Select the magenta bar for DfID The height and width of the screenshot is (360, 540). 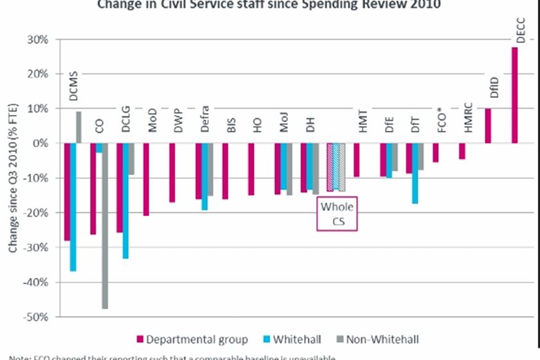coord(488,125)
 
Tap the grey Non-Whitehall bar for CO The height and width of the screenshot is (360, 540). coord(105,226)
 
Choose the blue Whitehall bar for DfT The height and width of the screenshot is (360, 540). coord(415,173)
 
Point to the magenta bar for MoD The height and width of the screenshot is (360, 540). coord(147,179)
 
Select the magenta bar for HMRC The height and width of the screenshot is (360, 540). coord(462,150)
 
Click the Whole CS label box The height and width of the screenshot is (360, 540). coord(337,214)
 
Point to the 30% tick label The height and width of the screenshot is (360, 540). coord(38,40)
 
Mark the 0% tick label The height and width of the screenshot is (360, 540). coord(40,143)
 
